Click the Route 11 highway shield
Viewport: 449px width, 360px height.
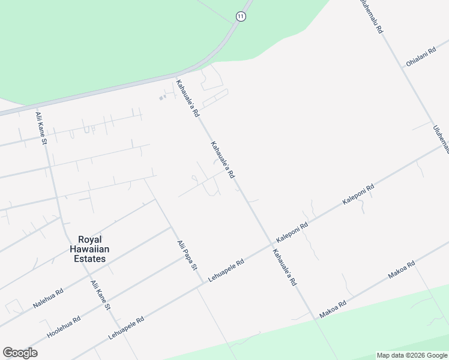(x=241, y=17)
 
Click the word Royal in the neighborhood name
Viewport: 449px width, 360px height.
(x=88, y=239)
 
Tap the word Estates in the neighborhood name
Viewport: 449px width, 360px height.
(x=88, y=259)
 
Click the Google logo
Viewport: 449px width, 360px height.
(x=20, y=353)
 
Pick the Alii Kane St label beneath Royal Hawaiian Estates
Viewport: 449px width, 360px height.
(x=100, y=295)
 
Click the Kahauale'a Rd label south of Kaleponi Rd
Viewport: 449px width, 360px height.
(x=285, y=266)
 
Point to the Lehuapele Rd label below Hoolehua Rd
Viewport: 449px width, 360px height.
(x=127, y=329)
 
